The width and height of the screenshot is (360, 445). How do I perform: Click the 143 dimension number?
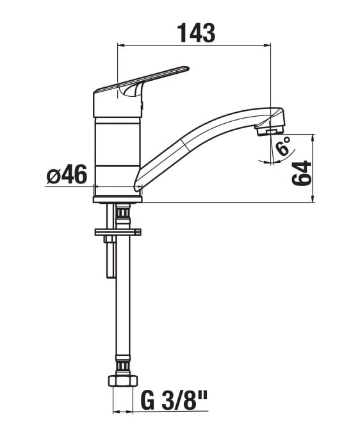[196, 33]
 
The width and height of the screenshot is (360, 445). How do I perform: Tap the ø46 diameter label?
[67, 174]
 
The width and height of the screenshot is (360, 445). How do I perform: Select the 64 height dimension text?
[302, 173]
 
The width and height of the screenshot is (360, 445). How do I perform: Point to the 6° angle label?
[284, 146]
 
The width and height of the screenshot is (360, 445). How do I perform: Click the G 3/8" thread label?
[174, 401]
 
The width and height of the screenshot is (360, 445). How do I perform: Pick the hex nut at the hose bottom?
[123, 381]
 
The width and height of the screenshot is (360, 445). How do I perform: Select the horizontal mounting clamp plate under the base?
[118, 232]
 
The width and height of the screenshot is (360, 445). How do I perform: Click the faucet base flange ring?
[118, 199]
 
